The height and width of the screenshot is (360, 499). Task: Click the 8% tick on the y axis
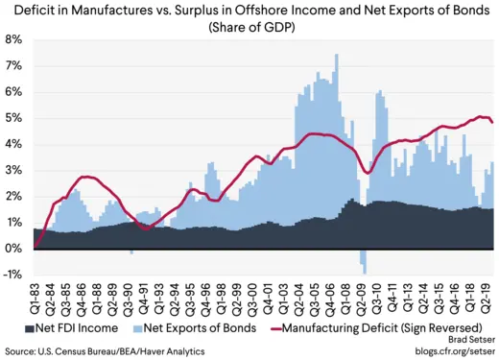pos(14,39)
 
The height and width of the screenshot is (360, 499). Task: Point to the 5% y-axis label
pos(14,118)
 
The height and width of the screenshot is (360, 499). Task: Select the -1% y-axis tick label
pos(12,275)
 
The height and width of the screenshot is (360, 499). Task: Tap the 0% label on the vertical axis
pos(14,249)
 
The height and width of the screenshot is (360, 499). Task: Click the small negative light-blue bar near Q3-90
pos(131,252)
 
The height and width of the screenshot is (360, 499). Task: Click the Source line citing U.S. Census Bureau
pos(106,351)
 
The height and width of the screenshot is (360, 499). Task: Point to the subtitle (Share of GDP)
pos(249,27)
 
